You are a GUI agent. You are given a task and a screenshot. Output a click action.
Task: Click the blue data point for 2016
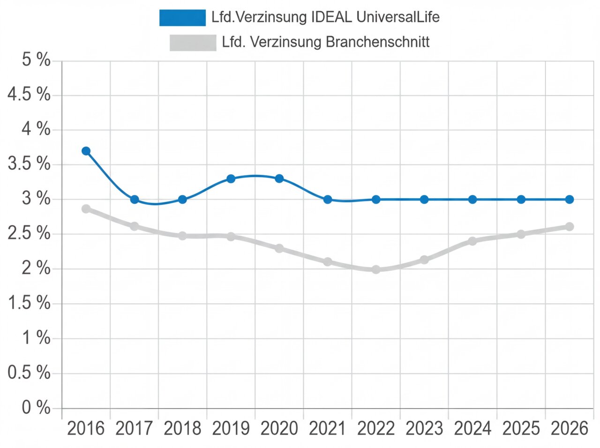click(86, 151)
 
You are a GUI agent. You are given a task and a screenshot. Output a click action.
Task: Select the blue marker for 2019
click(231, 179)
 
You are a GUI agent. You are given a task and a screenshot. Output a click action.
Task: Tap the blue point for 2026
click(569, 199)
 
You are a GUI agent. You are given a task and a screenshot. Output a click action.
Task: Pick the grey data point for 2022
click(375, 269)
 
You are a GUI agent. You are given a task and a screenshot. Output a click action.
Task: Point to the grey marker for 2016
click(86, 209)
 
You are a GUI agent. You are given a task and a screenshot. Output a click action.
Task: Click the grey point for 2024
click(472, 241)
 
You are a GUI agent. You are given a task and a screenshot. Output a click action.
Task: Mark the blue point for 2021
click(328, 199)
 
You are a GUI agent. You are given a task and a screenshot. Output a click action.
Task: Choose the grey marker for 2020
click(279, 248)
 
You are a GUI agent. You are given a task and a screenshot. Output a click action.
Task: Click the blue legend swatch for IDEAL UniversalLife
click(182, 18)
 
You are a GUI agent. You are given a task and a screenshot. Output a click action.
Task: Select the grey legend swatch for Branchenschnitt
click(193, 43)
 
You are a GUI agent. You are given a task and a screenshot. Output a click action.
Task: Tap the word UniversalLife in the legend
click(398, 17)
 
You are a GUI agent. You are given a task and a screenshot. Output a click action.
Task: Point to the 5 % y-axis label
click(36, 60)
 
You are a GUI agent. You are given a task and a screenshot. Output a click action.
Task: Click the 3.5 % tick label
click(29, 164)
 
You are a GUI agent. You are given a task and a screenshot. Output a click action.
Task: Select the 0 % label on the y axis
click(36, 408)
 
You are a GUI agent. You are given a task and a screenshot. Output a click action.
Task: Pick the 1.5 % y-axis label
click(29, 303)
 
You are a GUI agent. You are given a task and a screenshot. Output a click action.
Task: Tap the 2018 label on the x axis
click(182, 428)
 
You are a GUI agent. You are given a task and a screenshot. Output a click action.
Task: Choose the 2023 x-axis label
click(424, 428)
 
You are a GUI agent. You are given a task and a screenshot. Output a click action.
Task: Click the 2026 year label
click(569, 428)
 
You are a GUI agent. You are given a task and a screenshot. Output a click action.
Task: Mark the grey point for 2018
click(182, 235)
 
